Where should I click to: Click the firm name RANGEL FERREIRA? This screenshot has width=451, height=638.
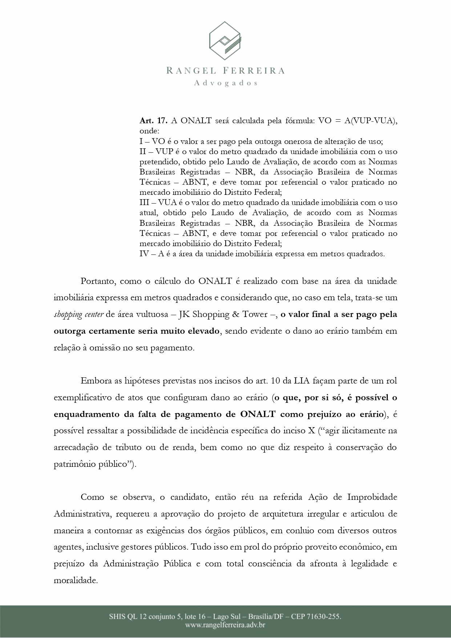pos(225,71)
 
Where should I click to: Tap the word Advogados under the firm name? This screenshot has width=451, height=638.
pos(225,83)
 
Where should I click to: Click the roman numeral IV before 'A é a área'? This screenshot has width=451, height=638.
pos(144,254)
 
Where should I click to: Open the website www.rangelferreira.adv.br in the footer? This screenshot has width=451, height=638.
pos(225,625)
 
